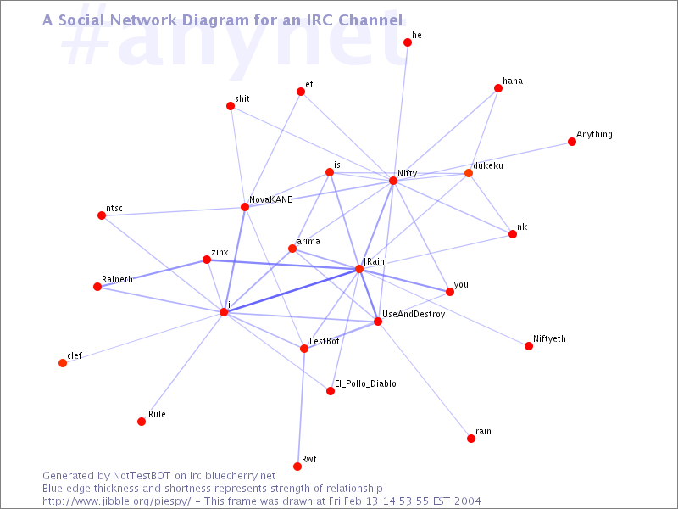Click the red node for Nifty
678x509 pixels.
pos(393,181)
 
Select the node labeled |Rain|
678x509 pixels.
pos(358,269)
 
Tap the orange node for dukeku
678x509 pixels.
pos(469,173)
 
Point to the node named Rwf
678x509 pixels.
pos(297,466)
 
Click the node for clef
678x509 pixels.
pos(63,363)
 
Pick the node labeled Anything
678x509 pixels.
pos(571,142)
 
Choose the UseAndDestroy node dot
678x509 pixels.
pos(377,322)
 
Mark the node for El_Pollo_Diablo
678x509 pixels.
pos(331,391)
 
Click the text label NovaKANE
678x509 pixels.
pos(270,199)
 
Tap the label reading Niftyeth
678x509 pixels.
pos(549,338)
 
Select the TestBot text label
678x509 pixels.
pos(324,341)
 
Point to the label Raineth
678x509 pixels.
pos(117,279)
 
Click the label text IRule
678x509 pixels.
pos(156,414)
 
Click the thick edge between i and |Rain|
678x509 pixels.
pos(291,290)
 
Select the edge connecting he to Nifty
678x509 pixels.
pos(400,111)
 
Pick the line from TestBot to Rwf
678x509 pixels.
pos(301,407)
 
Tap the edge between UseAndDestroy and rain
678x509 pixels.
pos(425,379)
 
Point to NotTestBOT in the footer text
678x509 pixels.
pos(142,476)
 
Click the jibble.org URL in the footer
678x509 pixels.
pos(117,501)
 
